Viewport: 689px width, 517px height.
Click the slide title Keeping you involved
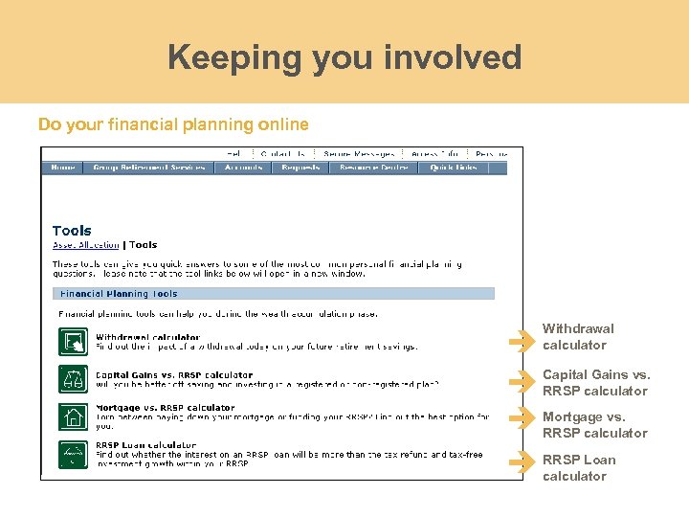[344, 57]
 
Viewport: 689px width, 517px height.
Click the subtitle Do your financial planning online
[173, 124]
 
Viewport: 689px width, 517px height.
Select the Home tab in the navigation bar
[63, 168]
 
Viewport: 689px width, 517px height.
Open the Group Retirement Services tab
[149, 168]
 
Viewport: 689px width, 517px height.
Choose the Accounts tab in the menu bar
[243, 168]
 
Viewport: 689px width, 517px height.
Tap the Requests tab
[300, 168]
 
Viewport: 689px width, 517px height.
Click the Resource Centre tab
[369, 168]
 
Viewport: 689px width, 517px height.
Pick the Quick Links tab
[454, 168]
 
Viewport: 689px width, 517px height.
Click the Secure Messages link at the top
[359, 153]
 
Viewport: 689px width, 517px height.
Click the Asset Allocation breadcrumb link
[86, 245]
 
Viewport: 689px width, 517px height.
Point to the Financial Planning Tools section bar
[278, 294]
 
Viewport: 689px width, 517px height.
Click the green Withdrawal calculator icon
[73, 342]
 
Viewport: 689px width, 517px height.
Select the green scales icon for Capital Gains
[73, 379]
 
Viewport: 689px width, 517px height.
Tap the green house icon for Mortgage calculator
[73, 417]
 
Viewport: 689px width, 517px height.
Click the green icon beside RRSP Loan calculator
[73, 454]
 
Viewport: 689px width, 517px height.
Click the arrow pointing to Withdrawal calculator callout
[522, 340]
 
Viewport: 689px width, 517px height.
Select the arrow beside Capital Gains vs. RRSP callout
[522, 382]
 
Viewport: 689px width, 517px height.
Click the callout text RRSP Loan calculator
[579, 468]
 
